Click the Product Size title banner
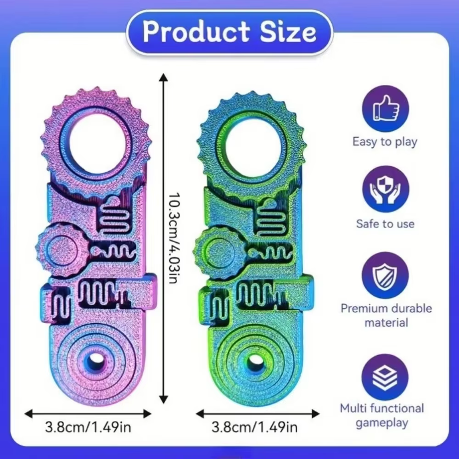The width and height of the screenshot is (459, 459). click(x=230, y=32)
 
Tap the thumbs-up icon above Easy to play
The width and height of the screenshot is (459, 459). click(x=386, y=108)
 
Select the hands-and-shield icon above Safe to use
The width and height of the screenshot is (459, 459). click(x=386, y=189)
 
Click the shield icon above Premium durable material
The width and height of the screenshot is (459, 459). click(x=386, y=275)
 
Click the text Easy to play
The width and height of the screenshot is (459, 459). click(x=385, y=142)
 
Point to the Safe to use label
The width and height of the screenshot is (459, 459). click(x=385, y=224)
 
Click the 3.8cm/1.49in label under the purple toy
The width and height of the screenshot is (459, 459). click(x=88, y=427)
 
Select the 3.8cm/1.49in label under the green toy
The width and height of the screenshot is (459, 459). click(x=254, y=427)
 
